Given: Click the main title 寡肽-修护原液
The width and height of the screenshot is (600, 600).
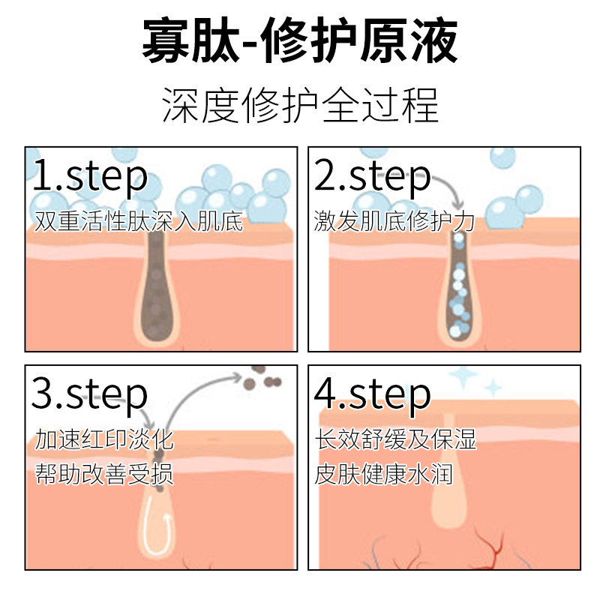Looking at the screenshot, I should (x=300, y=41).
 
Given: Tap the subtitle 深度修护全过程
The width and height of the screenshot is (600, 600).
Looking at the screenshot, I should (x=300, y=105).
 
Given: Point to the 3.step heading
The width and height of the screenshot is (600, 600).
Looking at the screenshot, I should (x=90, y=394).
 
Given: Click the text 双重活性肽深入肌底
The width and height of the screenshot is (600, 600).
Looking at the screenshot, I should (x=139, y=221).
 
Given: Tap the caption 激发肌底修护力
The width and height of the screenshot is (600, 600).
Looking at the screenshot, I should (x=394, y=221).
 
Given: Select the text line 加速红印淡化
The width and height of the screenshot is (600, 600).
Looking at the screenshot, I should (x=104, y=439).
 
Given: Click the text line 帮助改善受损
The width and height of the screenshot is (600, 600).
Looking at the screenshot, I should (x=104, y=475).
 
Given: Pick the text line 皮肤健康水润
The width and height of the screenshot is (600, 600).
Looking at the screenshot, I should (x=383, y=475).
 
